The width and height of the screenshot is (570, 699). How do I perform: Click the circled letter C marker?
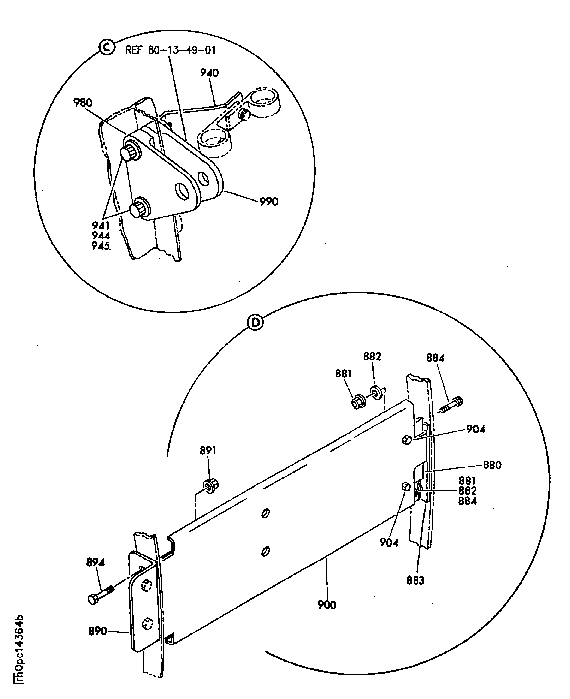click(x=107, y=47)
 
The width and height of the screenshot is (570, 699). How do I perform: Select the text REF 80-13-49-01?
click(x=170, y=50)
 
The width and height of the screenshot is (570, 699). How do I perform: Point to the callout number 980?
click(x=83, y=103)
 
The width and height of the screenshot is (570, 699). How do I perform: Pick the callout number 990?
click(x=269, y=201)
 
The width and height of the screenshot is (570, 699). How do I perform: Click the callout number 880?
click(x=492, y=465)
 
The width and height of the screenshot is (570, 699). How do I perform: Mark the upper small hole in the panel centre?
click(x=266, y=513)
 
